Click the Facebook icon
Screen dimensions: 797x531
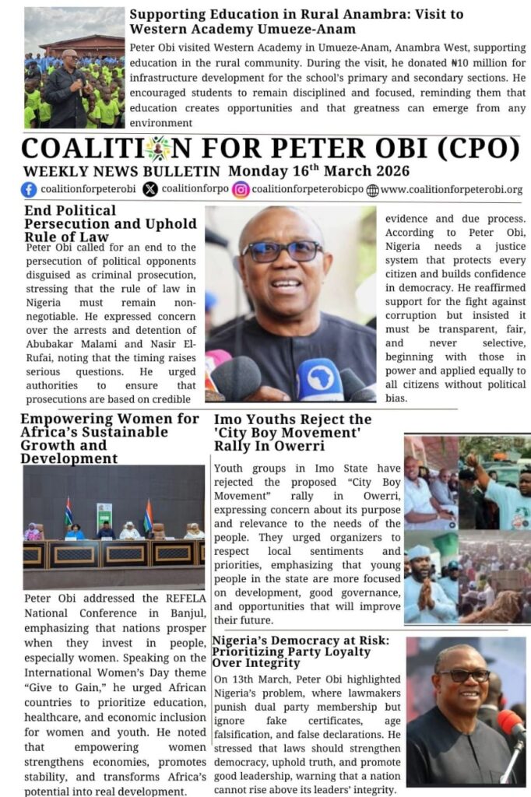29,189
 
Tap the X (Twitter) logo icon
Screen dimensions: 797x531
149,189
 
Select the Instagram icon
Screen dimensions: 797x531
241,189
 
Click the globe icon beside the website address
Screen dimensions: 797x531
372,190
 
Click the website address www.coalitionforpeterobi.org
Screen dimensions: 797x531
452,189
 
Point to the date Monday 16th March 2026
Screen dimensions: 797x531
318,170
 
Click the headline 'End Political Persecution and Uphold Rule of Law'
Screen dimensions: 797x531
110,223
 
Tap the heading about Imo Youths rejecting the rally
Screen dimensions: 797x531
293,433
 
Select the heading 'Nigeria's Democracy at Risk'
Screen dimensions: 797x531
301,651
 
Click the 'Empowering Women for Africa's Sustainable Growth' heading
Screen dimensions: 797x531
109,438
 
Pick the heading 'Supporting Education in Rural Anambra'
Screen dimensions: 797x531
296,22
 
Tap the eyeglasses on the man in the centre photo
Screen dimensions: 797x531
282,251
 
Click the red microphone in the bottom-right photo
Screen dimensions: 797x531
511,725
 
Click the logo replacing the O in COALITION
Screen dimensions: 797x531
157,149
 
